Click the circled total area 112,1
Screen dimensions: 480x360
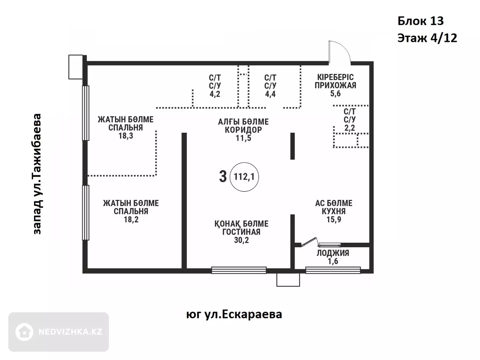click(244, 177)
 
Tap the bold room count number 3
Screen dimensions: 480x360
click(223, 177)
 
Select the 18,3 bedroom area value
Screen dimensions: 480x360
click(126, 136)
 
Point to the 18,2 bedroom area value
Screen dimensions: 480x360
click(131, 219)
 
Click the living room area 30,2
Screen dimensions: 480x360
click(241, 240)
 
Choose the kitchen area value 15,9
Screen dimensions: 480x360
click(334, 219)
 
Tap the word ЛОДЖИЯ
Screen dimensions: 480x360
click(333, 253)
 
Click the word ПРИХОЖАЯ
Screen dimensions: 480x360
click(335, 85)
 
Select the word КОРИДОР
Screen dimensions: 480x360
click(243, 130)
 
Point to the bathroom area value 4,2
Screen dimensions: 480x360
click(215, 94)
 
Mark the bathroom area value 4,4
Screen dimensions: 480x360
click(270, 94)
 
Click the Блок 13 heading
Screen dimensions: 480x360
click(421, 21)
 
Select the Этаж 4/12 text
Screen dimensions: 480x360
click(427, 38)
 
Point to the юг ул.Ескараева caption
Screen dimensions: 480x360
click(234, 314)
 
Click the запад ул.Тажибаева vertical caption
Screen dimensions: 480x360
click(37, 174)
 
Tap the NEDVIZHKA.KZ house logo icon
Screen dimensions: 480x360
click(24, 332)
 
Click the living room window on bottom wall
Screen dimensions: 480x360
click(239, 270)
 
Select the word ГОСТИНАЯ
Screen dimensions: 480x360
click(241, 232)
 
